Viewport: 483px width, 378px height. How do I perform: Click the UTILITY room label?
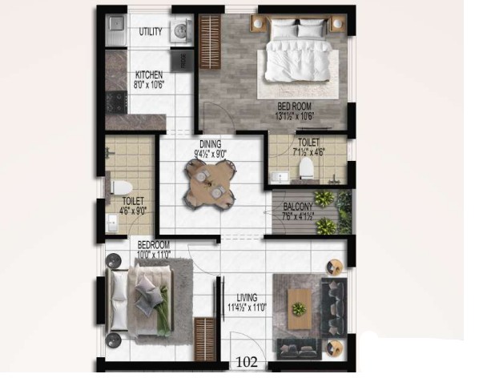coord(151,31)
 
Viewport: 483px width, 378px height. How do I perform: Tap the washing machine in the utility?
coord(181,30)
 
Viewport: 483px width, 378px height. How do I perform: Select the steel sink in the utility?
coord(116,30)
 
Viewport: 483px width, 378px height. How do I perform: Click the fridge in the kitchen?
coord(183,61)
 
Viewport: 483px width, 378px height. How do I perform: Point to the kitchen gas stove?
coord(116,102)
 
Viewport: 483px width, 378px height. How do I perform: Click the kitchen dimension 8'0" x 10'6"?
coord(149,85)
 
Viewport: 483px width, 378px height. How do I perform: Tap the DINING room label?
coord(211,144)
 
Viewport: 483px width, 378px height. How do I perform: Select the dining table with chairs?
coord(211,184)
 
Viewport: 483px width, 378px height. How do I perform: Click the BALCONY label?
coord(298,207)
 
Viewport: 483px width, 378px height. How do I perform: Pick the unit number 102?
coord(247,362)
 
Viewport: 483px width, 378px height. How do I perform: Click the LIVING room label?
coord(247,298)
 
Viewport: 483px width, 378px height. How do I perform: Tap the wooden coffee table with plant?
coord(299,308)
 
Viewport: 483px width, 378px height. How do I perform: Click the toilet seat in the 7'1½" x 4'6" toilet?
coord(306,168)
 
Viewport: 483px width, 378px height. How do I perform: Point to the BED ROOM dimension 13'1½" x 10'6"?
coord(295,116)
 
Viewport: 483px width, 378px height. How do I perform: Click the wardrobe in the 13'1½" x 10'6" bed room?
coord(211,42)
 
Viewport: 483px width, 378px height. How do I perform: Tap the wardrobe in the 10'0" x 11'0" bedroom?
coord(204,339)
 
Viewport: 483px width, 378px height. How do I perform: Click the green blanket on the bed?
coord(163,312)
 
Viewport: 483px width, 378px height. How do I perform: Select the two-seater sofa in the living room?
coord(299,349)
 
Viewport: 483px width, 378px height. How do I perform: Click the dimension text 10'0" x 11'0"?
coord(154,255)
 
